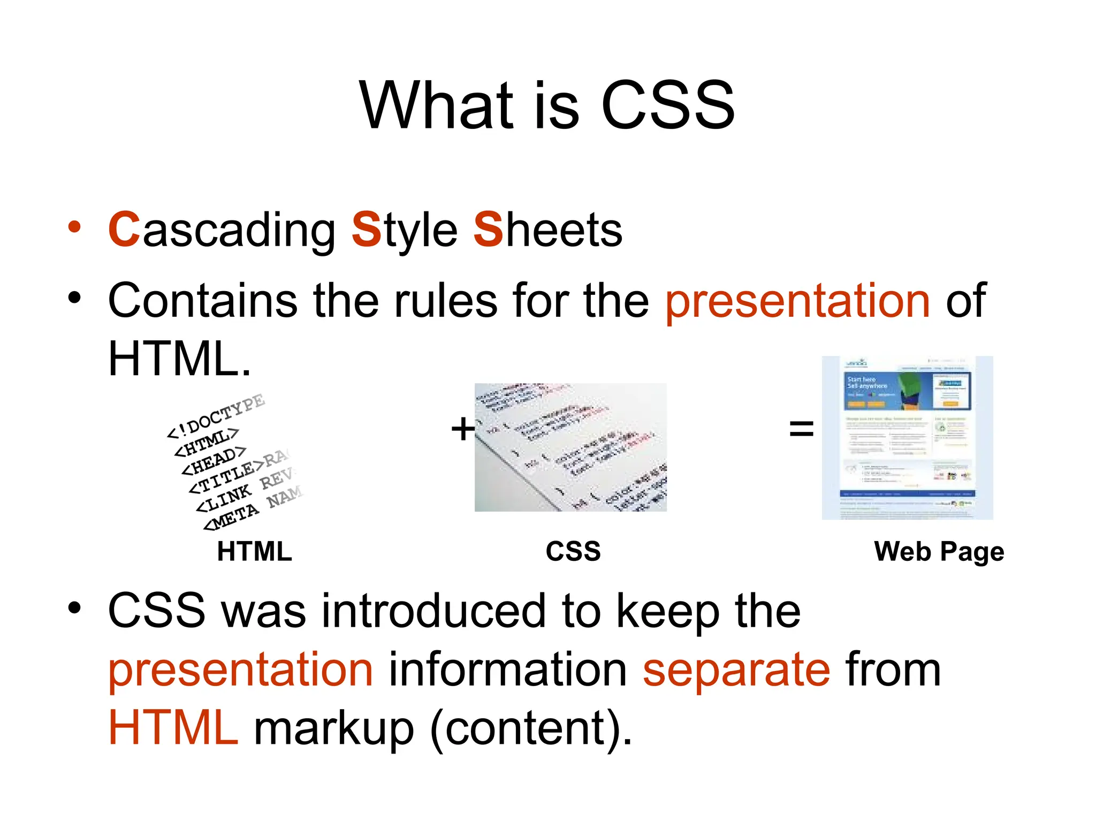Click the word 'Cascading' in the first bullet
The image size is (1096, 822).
tap(222, 230)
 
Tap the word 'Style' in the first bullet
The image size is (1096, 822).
tap(404, 230)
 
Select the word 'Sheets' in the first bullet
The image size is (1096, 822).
tap(547, 230)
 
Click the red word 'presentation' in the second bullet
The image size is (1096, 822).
tap(797, 301)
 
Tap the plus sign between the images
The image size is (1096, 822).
tap(462, 429)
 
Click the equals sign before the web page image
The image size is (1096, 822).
tap(801, 429)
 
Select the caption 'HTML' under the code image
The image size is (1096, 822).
tap(254, 551)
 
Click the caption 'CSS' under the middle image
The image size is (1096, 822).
tap(573, 551)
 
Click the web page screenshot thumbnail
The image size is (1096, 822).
tap(907, 438)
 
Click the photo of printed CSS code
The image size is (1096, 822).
tap(570, 447)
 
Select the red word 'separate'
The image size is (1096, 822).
tap(736, 670)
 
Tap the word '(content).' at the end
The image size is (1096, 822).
tap(531, 729)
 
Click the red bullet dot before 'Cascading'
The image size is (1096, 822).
tap(74, 227)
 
